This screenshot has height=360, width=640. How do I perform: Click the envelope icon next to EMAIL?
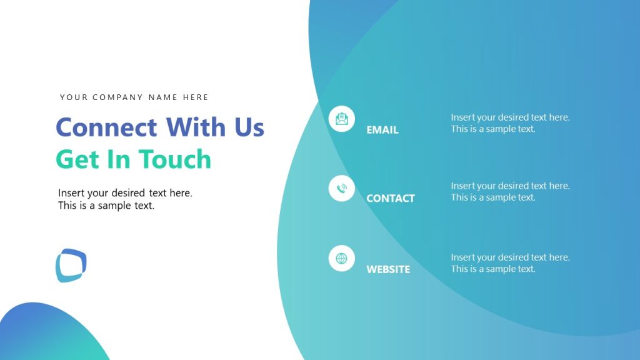[341, 119]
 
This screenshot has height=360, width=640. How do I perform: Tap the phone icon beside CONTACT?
[341, 188]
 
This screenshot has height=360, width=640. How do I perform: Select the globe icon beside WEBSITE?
[341, 258]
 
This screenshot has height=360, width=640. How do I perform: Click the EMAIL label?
[382, 130]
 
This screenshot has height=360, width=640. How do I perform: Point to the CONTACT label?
[390, 198]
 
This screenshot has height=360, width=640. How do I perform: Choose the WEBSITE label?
[387, 269]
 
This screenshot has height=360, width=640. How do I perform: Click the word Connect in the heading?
[106, 127]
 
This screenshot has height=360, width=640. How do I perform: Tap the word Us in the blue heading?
[249, 127]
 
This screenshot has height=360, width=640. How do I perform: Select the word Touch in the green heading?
[174, 159]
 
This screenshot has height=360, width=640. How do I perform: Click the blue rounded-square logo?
[71, 265]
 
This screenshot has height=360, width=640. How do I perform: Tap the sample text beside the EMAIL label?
[510, 123]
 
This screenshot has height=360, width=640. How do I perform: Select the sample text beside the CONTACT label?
[510, 191]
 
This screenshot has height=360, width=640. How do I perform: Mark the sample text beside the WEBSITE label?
[510, 263]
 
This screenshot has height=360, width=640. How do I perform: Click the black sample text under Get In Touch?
[125, 199]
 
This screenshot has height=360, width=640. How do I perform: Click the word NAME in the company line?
[162, 97]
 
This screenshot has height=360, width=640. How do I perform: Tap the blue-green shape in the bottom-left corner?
[44, 334]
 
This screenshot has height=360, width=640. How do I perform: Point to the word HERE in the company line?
[196, 97]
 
